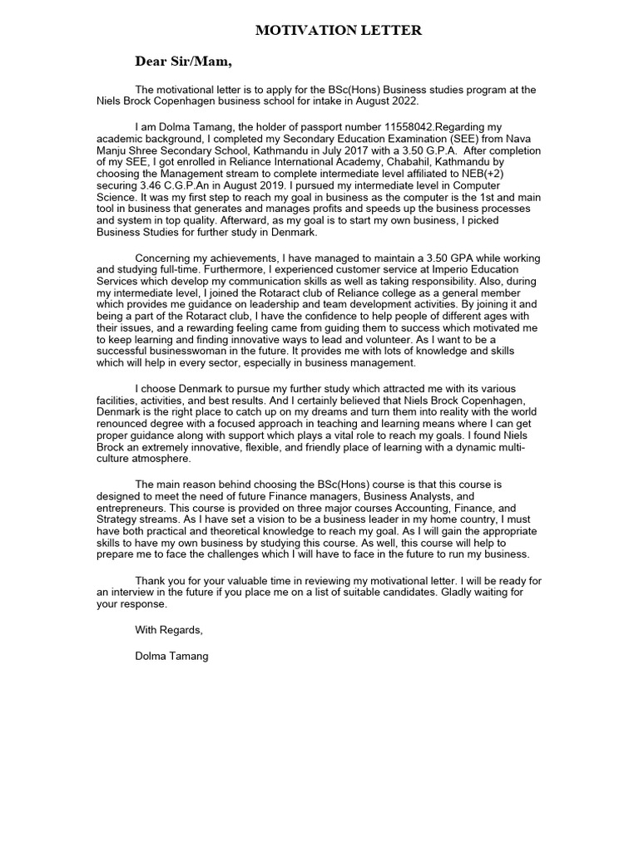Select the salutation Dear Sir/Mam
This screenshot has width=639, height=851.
point(183,61)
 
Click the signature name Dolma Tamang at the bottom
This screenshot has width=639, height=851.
point(171,657)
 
